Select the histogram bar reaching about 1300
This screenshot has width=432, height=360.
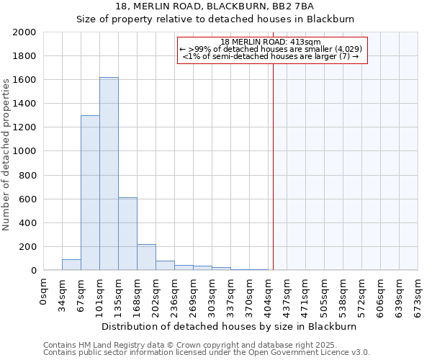pos(90,193)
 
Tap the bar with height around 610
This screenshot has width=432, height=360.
pos(127,234)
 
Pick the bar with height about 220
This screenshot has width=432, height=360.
pos(146,257)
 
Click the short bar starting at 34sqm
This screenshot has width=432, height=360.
pos(71,264)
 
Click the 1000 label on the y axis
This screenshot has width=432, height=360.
pos(25,152)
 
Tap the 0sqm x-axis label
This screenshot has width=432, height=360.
pos(44,291)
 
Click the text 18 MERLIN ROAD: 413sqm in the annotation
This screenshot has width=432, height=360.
pos(275,42)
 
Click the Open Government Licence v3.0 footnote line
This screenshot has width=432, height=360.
pos(207,353)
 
